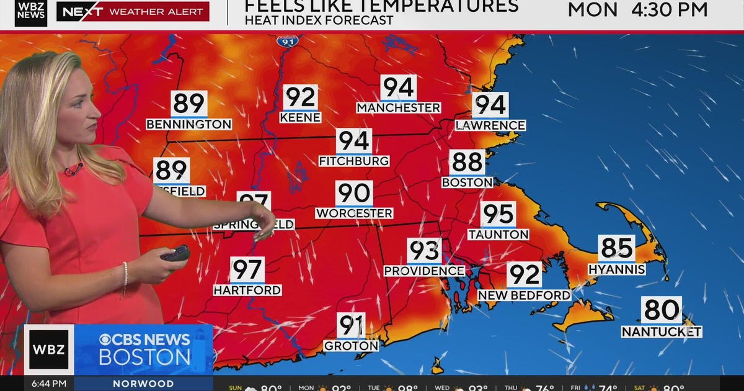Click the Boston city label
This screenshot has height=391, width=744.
coord(467,182)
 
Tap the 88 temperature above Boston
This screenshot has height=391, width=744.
coord(467,162)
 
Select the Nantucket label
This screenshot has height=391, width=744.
coord(662,332)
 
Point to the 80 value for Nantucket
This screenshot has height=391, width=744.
coord(662,310)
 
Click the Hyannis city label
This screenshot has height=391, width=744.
coord(617,269)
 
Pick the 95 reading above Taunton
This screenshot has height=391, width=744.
coord(498,214)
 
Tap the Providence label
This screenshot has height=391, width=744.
coord(424,271)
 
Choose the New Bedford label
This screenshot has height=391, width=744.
coord(524,295)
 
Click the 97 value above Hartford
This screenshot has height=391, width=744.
coord(247,270)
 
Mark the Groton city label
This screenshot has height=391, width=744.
coord(351,346)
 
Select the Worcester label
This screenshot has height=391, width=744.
coord(354,213)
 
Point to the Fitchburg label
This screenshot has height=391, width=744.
coord(354,161)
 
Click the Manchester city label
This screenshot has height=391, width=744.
coord(399,108)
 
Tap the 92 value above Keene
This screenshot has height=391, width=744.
coord(301,97)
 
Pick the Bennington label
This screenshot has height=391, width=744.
coord(189,125)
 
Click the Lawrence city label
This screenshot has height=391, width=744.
coord(490,125)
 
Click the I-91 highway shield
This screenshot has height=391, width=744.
coord(288,41)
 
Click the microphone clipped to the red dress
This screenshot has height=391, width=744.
coord(74,169)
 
